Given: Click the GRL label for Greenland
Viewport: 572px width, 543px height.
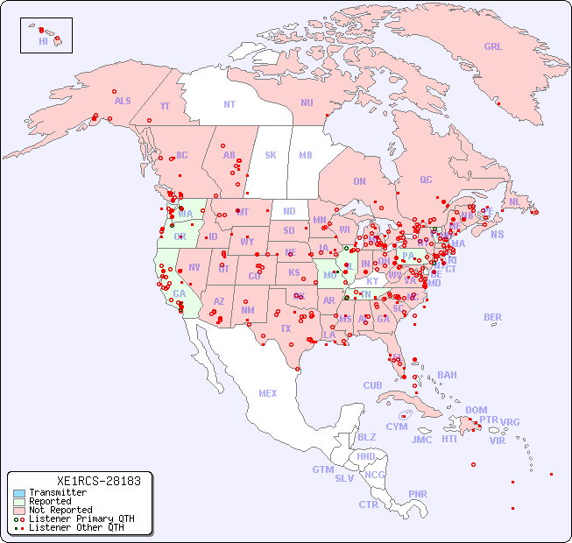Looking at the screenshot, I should click(x=493, y=46).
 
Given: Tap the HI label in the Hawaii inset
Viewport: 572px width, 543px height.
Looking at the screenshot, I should click(x=43, y=41).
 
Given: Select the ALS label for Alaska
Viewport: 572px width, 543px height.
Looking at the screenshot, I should click(x=123, y=101).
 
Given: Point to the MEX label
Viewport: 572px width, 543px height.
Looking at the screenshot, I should click(x=268, y=393).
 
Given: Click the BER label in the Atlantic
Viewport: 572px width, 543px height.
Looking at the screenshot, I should click(x=493, y=317).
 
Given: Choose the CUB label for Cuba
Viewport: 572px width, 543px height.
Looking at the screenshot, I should click(x=372, y=385).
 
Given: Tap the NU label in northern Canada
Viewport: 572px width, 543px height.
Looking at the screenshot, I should click(x=307, y=102).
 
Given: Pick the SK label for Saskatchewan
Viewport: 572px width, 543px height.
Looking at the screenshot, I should click(x=271, y=155).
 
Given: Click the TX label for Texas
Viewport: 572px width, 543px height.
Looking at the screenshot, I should click(x=286, y=328).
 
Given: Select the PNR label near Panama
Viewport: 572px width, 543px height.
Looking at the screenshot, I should click(x=418, y=494).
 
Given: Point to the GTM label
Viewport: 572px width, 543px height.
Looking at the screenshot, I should click(x=322, y=469).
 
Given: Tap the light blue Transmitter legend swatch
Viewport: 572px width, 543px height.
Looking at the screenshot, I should click(x=18, y=493).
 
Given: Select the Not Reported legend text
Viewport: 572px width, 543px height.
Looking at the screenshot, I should click(x=60, y=510).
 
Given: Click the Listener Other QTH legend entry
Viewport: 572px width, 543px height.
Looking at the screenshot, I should click(x=75, y=527).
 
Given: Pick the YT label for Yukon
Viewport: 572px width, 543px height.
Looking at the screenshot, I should click(x=165, y=106).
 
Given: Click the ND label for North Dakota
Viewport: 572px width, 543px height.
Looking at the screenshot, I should click(x=289, y=211).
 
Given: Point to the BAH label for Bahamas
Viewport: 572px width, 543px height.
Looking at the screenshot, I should click(x=447, y=375).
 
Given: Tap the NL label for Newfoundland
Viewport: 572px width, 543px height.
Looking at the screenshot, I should click(x=515, y=201).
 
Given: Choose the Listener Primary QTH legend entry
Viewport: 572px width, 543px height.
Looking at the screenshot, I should click(x=78, y=518).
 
